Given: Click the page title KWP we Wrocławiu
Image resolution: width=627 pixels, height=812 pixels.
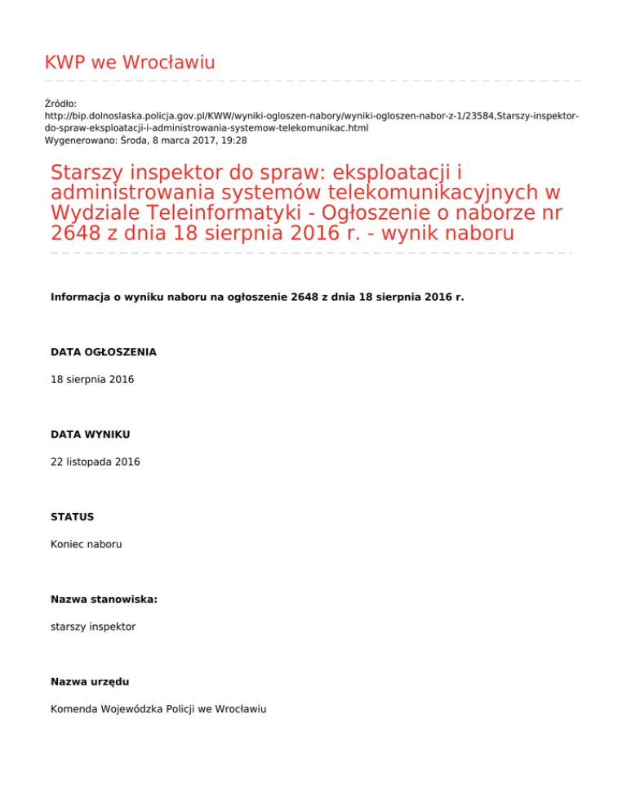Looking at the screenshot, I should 130,62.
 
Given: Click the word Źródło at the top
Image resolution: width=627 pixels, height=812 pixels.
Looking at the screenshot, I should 60,104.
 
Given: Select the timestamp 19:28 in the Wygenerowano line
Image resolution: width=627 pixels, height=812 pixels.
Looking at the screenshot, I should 233,141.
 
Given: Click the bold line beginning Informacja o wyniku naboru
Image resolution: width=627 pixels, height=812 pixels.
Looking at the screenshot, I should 257,297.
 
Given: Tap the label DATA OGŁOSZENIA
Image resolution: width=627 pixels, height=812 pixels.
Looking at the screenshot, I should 104,352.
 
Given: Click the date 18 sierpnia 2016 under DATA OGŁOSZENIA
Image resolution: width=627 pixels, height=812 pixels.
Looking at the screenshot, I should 92,380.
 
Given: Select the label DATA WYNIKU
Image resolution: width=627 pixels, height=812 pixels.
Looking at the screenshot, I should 90,435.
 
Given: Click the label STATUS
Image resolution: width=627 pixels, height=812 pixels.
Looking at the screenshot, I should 72,517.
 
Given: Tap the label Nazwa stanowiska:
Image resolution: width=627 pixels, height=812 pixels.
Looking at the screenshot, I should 104,600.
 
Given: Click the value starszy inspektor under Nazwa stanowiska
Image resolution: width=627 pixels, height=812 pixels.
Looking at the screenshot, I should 93,627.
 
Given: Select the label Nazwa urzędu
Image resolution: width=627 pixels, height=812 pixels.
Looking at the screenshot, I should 90,681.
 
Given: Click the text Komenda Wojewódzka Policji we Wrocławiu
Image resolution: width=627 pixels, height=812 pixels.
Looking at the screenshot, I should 158,709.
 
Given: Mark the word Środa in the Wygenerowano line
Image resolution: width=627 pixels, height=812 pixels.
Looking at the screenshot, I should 134,141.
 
